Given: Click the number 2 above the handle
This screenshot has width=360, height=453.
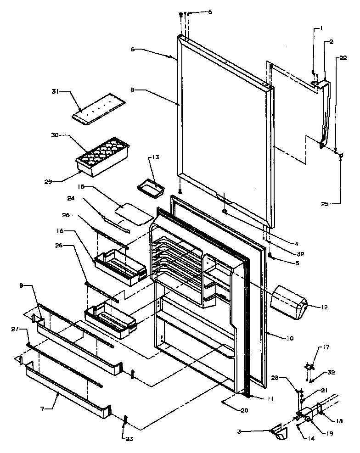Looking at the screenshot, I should tap(331, 43).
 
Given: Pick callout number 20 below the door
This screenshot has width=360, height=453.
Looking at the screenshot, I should tap(244, 410).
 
